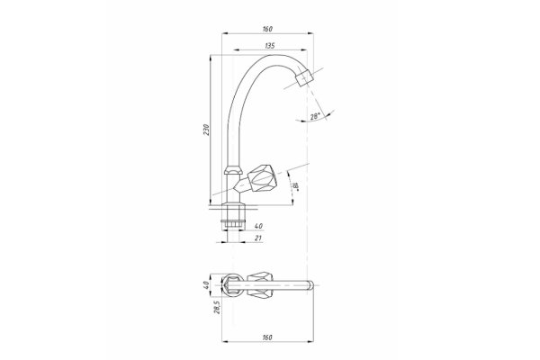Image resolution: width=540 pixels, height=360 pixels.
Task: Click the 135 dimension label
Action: (x=270, y=46)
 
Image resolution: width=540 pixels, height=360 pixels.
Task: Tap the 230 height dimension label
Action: (x=206, y=130)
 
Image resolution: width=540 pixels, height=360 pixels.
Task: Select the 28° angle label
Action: (x=316, y=116)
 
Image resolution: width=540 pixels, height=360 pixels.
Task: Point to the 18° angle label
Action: (x=295, y=186)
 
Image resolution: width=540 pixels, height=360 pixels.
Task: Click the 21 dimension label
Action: (x=258, y=238)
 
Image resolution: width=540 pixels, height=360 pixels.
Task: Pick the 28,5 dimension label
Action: (x=217, y=308)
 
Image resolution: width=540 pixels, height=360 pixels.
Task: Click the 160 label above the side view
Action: (x=267, y=29)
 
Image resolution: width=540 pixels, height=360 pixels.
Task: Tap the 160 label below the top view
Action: (x=267, y=337)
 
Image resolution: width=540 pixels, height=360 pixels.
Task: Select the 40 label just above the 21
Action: (x=258, y=226)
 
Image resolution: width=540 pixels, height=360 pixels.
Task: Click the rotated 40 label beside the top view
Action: (x=206, y=285)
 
